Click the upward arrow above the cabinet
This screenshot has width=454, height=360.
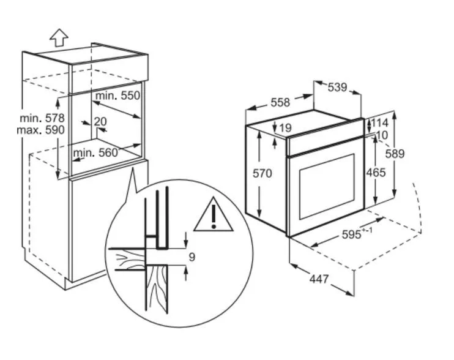pyautogui.click(x=59, y=37)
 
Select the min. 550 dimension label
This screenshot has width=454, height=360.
pyautogui.click(x=118, y=96)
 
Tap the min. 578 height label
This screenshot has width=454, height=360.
pyautogui.click(x=42, y=118)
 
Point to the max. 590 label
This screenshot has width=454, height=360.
pyautogui.click(x=41, y=130)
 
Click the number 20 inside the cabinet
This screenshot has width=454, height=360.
pyautogui.click(x=100, y=121)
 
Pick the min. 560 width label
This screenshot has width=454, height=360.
pyautogui.click(x=95, y=152)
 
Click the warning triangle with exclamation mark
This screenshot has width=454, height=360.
pyautogui.click(x=214, y=215)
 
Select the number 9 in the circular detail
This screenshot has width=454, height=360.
pyautogui.click(x=192, y=257)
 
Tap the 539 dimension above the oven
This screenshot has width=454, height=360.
pyautogui.click(x=337, y=87)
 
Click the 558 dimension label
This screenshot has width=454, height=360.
pyautogui.click(x=280, y=102)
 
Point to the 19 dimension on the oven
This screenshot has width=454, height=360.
pyautogui.click(x=286, y=128)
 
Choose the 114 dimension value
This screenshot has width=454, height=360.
pyautogui.click(x=379, y=123)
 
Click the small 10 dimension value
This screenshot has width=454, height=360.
pyautogui.click(x=382, y=135)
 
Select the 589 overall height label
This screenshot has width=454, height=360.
pyautogui.click(x=395, y=154)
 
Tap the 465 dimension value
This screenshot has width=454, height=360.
pyautogui.click(x=376, y=173)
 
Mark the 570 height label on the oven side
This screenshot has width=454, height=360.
pyautogui.click(x=262, y=173)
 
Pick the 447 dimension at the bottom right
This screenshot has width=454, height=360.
pyautogui.click(x=319, y=279)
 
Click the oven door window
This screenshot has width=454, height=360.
pyautogui.click(x=327, y=186)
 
